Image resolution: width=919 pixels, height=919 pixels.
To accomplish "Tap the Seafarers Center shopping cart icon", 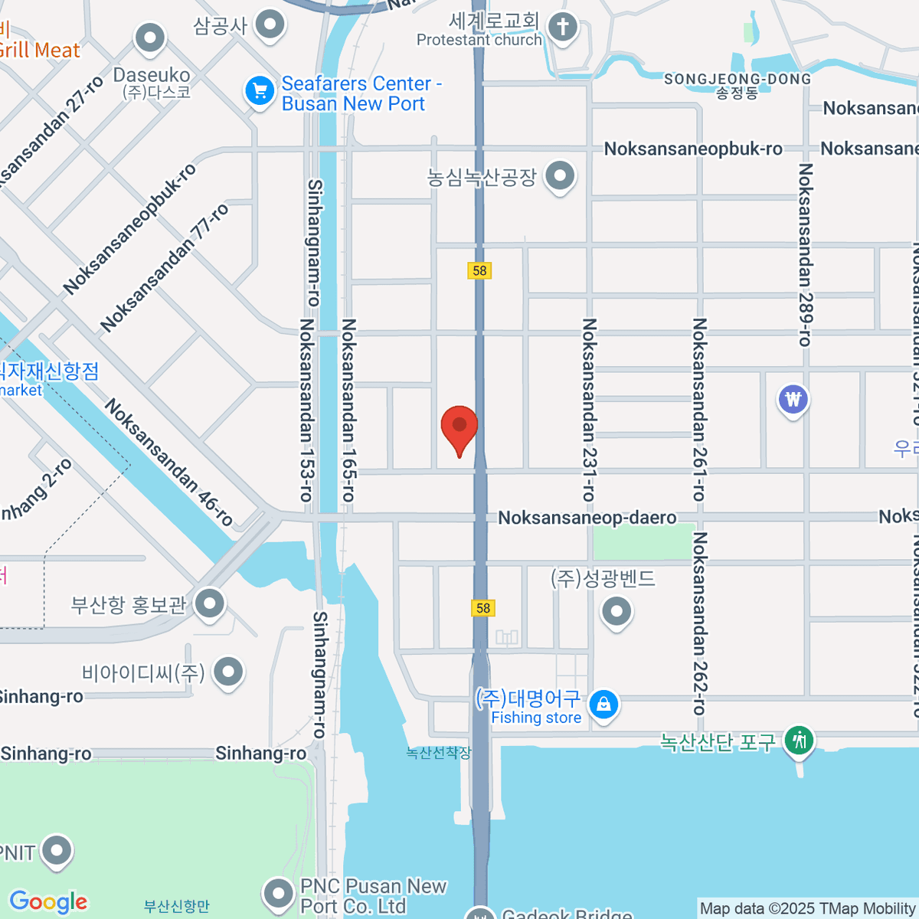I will (x=260, y=92).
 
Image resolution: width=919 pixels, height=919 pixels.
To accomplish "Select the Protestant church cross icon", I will (x=563, y=28).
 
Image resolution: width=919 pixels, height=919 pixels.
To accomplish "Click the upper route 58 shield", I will (x=479, y=270).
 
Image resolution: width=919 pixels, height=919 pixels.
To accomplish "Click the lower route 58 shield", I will (x=482, y=608).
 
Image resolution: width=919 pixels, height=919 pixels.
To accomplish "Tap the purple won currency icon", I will (x=793, y=400).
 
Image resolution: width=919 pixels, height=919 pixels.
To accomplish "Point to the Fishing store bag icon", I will (x=603, y=704).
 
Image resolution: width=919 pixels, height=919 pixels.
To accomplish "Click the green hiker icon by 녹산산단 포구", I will (x=800, y=740).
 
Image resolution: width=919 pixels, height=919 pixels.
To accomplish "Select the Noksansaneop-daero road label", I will (x=587, y=518).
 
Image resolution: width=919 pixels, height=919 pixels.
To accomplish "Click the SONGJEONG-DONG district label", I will (x=737, y=80).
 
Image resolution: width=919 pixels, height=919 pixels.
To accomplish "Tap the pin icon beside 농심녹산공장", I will (x=560, y=177).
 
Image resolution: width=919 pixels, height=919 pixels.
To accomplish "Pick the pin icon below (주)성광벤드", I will (x=616, y=612).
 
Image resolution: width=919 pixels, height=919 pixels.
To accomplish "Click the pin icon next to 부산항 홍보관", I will (x=209, y=604).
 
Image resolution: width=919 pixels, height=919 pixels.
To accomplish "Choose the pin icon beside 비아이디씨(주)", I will (x=227, y=672).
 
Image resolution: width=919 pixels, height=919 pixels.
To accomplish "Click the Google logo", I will (x=48, y=901).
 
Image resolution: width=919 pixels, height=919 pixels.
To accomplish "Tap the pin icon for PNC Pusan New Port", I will (x=277, y=894).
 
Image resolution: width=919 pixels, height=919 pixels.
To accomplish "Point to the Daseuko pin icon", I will (x=149, y=38).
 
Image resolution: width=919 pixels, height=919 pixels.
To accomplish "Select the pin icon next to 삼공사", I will (x=269, y=25).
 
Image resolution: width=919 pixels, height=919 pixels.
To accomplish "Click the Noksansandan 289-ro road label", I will (x=805, y=255).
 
